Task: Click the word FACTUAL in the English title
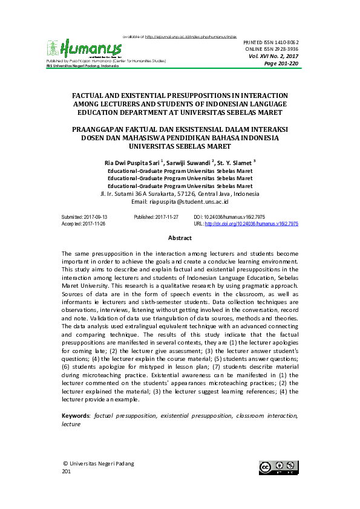tap(91, 96)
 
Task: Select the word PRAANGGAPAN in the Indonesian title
tap(100, 130)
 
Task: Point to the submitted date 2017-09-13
tap(95, 216)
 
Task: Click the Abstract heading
tap(180, 239)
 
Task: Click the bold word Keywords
tap(76, 417)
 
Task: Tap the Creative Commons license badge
tap(279, 467)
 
